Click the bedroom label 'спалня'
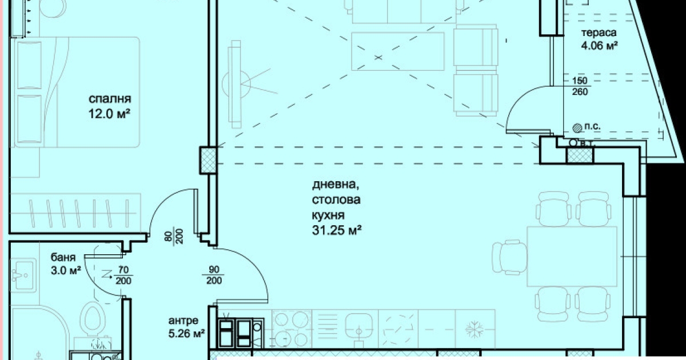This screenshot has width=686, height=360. [110, 99]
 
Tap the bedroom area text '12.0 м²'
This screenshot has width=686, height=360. [109, 114]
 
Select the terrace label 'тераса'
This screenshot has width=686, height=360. [599, 33]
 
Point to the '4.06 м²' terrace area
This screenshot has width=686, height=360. [599, 46]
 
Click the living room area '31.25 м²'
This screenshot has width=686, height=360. [337, 230]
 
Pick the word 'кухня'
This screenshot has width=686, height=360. [328, 215]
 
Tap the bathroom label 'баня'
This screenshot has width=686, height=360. [63, 258]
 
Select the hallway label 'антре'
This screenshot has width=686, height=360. [183, 321]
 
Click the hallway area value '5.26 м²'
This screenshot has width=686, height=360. [186, 333]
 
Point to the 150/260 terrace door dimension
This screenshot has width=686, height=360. [580, 86]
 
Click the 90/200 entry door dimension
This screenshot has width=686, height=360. [214, 275]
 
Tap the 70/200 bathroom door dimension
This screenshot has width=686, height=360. [123, 275]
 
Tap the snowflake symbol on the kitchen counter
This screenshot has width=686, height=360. [474, 329]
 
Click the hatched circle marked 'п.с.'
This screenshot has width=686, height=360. [577, 128]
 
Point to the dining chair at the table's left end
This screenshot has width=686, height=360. [509, 257]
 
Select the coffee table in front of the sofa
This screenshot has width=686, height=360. [397, 51]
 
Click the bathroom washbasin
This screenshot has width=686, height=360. [22, 275]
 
